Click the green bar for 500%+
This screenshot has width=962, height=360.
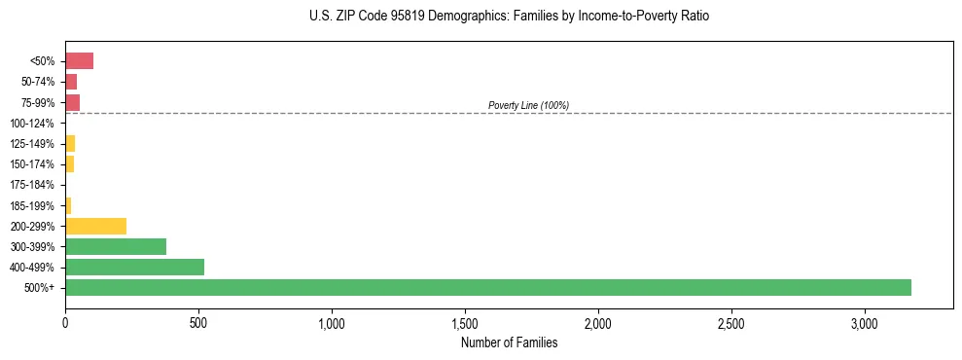[x=488, y=287]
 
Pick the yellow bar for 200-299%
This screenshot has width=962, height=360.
[x=95, y=226]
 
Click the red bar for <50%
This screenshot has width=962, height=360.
[x=79, y=61]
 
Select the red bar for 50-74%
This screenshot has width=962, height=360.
[x=71, y=82]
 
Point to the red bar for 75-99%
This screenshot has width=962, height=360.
[x=72, y=102]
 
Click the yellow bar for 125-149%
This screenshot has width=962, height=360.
[x=70, y=143]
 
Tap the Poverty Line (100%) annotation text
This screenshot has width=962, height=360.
[x=528, y=105]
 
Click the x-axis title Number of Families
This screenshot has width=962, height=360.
[x=509, y=342]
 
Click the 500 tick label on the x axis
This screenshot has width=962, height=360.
[x=198, y=322]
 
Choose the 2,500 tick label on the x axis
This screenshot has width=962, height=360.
[x=731, y=322]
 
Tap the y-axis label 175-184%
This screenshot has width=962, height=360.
[x=32, y=185]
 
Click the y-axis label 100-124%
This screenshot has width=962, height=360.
[x=32, y=124]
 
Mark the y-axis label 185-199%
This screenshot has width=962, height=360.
[x=32, y=205]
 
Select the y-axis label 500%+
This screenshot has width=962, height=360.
[x=40, y=288]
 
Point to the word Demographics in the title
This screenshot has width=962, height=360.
[x=446, y=17]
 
